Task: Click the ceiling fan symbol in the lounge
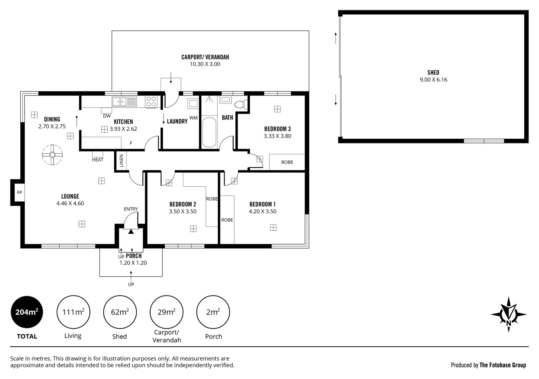pos(52,155)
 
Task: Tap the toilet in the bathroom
pos(240,105)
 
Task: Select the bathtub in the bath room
pos(209,132)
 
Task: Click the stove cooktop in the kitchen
pos(151,101)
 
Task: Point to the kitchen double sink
pos(124,101)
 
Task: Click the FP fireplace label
pos(19,192)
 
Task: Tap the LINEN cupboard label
pos(121,161)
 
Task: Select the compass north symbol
pos(508,314)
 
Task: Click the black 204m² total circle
pos(27,312)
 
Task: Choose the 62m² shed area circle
pos(120,312)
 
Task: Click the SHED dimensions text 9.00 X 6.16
pos(433,80)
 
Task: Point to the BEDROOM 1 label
pos(262,204)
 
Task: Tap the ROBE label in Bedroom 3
pos(287,162)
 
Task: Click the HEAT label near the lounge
pos(97,160)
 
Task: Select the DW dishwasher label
pos(107,116)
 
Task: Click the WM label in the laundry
pos(193,118)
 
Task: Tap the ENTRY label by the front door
pos(131,209)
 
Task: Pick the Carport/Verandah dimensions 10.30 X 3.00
pos(205,64)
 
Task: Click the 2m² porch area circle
pos(213,312)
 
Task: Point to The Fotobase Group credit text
pos(502,365)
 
